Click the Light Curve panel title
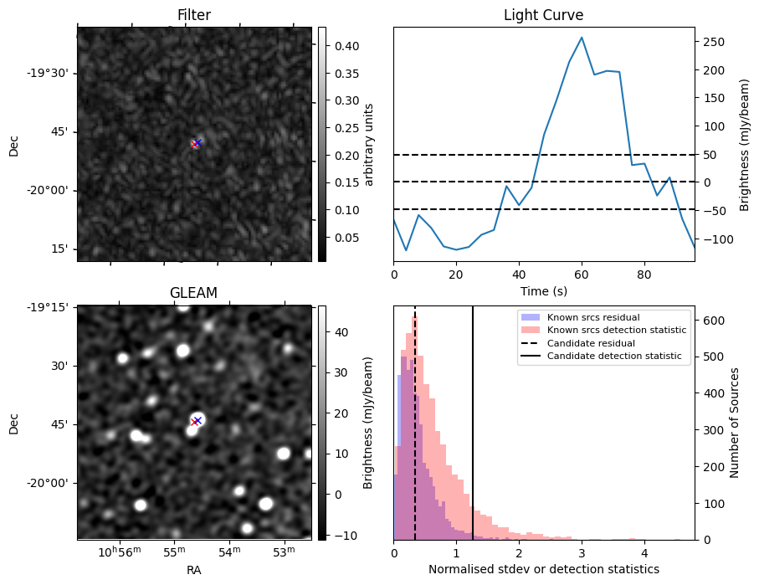pos(543,15)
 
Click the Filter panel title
pos(194,15)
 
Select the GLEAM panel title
pos(194,292)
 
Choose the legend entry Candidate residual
pos(591,343)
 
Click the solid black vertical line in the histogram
pos(473,435)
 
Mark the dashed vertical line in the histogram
pos(415,435)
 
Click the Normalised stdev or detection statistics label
pos(543,569)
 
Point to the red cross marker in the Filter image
pos(195,144)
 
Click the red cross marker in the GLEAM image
pos(195,422)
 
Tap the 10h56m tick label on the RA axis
pos(118,552)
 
